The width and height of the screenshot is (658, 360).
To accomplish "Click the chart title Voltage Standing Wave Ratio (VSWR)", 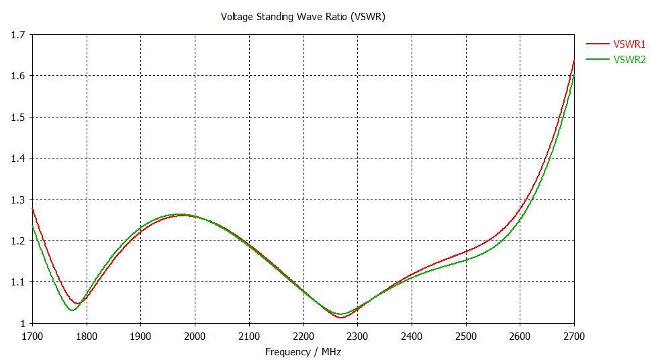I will [303, 16].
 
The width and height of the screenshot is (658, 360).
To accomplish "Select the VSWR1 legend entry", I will [629, 44].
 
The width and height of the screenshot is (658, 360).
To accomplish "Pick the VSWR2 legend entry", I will [629, 60].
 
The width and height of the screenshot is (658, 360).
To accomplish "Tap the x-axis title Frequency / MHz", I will [303, 352].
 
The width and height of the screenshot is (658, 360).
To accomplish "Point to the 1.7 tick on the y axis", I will [17, 34].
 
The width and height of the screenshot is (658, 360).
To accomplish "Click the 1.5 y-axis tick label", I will [17, 117].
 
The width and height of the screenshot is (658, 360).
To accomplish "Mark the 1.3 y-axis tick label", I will [17, 199].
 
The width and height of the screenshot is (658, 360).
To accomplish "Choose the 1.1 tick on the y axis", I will [17, 282].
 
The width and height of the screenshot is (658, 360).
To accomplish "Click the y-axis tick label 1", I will [22, 323].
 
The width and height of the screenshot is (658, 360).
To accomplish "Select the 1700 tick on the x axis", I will [32, 335].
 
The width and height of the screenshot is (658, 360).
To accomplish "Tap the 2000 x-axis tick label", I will [195, 335].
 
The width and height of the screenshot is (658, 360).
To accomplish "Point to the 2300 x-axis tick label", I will [357, 335].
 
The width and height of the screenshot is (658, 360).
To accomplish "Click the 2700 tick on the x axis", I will [574, 335].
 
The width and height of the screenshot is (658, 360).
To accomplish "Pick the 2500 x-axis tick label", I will [466, 335].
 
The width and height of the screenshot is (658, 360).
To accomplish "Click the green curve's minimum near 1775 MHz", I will [72, 310].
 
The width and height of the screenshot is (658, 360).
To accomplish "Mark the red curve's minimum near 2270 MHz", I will [341, 317].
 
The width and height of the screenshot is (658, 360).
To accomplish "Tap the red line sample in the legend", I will [597, 44].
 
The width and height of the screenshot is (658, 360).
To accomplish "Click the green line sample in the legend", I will [597, 60].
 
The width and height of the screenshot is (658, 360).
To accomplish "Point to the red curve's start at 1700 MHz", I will [32, 209].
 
